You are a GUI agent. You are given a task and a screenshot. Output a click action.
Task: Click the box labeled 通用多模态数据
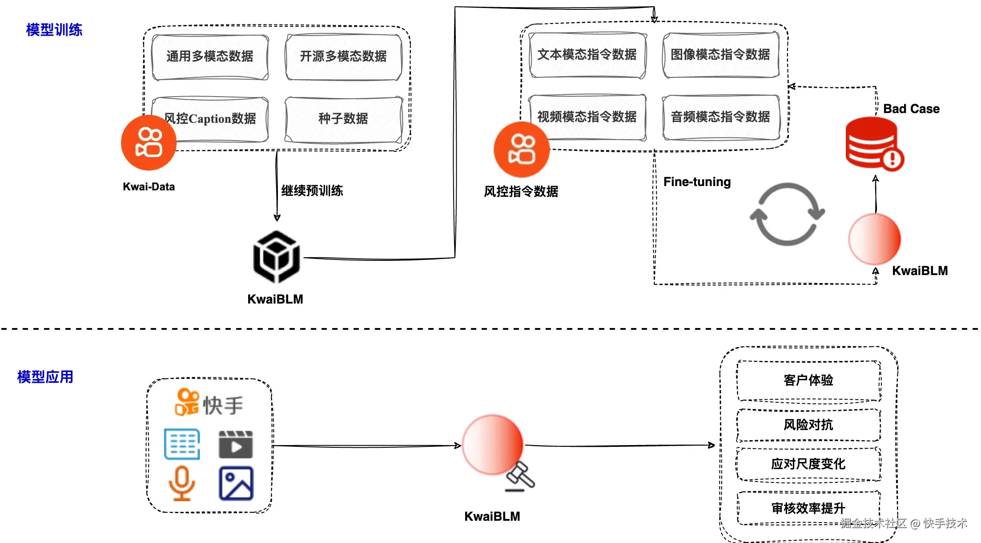coord(210,57)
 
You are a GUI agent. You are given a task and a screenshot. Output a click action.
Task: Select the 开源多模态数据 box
coord(343,57)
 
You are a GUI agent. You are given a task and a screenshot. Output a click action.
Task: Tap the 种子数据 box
coord(343,119)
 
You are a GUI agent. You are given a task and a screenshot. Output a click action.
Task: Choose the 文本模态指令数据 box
coord(587,55)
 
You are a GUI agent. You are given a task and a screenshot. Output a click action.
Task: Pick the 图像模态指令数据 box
coord(720,55)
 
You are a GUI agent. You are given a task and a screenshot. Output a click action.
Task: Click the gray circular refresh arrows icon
coord(787,214)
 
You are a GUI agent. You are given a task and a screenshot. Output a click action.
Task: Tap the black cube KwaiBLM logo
coord(277,257)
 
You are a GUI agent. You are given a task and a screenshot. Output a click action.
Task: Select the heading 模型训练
coord(54,30)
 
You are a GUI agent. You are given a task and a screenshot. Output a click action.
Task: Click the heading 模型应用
coord(45,377)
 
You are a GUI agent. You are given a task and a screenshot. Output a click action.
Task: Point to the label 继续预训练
coord(312,191)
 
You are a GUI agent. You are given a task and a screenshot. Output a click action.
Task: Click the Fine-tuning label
coord(697,182)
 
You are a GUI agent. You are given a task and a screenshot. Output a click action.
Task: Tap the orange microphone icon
coord(182,483)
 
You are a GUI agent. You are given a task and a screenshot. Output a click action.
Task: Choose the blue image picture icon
coord(236,483)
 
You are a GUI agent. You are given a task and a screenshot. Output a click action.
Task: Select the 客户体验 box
coord(808,381)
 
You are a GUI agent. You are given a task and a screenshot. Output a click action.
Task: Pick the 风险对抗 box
coord(808,425)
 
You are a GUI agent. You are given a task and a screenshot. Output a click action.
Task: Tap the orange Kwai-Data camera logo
coord(149,143)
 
